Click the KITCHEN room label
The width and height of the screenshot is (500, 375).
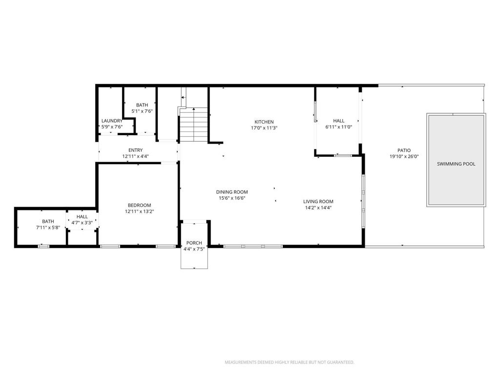(x=264, y=122)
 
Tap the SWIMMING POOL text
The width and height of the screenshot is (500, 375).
(x=456, y=164)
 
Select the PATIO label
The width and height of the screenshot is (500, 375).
(x=404, y=150)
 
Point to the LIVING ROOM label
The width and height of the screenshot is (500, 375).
(x=318, y=202)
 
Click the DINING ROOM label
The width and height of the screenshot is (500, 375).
(x=232, y=192)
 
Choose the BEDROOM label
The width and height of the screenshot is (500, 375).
(x=139, y=206)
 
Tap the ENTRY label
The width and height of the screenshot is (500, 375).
(x=136, y=150)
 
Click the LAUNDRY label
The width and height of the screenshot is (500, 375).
(x=112, y=121)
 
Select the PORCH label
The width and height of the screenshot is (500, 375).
(x=194, y=243)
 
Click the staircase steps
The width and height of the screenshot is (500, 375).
(x=194, y=125)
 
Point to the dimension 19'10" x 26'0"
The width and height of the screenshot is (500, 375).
(x=404, y=157)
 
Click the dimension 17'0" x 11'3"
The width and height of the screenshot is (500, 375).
(x=264, y=128)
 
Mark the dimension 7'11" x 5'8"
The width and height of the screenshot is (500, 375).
(x=48, y=228)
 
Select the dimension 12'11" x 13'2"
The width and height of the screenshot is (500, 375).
(x=139, y=211)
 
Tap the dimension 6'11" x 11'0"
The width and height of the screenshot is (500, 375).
(x=339, y=127)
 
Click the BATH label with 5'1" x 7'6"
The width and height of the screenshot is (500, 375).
(x=142, y=105)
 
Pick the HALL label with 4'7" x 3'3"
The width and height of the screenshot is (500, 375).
(x=82, y=217)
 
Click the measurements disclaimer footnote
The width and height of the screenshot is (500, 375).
(x=289, y=362)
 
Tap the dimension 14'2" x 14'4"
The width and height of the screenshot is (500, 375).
(x=318, y=208)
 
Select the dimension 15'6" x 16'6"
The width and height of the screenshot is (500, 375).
(x=232, y=198)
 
